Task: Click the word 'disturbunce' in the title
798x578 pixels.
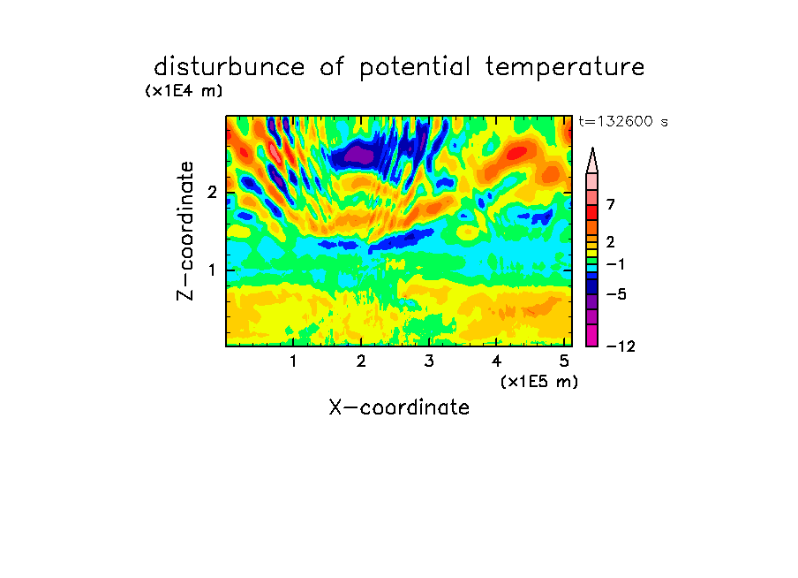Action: (229, 67)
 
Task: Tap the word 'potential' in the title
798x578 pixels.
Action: (415, 68)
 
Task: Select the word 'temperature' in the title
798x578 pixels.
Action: (565, 68)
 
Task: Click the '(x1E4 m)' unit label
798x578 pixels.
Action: (184, 91)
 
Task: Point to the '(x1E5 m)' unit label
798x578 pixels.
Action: (539, 381)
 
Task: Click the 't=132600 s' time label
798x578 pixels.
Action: (623, 121)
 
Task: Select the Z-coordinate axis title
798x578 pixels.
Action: (185, 231)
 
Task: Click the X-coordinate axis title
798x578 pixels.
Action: (399, 407)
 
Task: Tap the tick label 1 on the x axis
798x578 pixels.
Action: (294, 361)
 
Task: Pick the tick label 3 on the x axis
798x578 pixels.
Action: (429, 361)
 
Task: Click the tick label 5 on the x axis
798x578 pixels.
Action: (564, 361)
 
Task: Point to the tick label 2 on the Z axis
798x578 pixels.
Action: (212, 193)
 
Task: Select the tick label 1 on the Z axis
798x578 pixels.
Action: (212, 270)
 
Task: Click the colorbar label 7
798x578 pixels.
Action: (611, 204)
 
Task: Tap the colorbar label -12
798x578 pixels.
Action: (621, 346)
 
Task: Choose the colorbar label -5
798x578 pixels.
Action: (616, 294)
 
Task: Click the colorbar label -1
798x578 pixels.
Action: (615, 264)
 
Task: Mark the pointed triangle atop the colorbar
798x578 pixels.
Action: (592, 160)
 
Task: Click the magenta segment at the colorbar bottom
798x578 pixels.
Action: (592, 335)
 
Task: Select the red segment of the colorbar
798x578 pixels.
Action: (592, 212)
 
